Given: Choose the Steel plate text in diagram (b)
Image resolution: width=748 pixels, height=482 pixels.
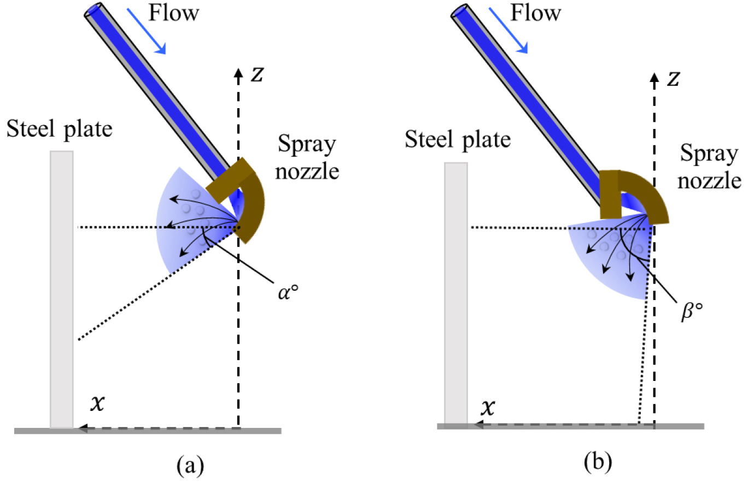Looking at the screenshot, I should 458,140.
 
